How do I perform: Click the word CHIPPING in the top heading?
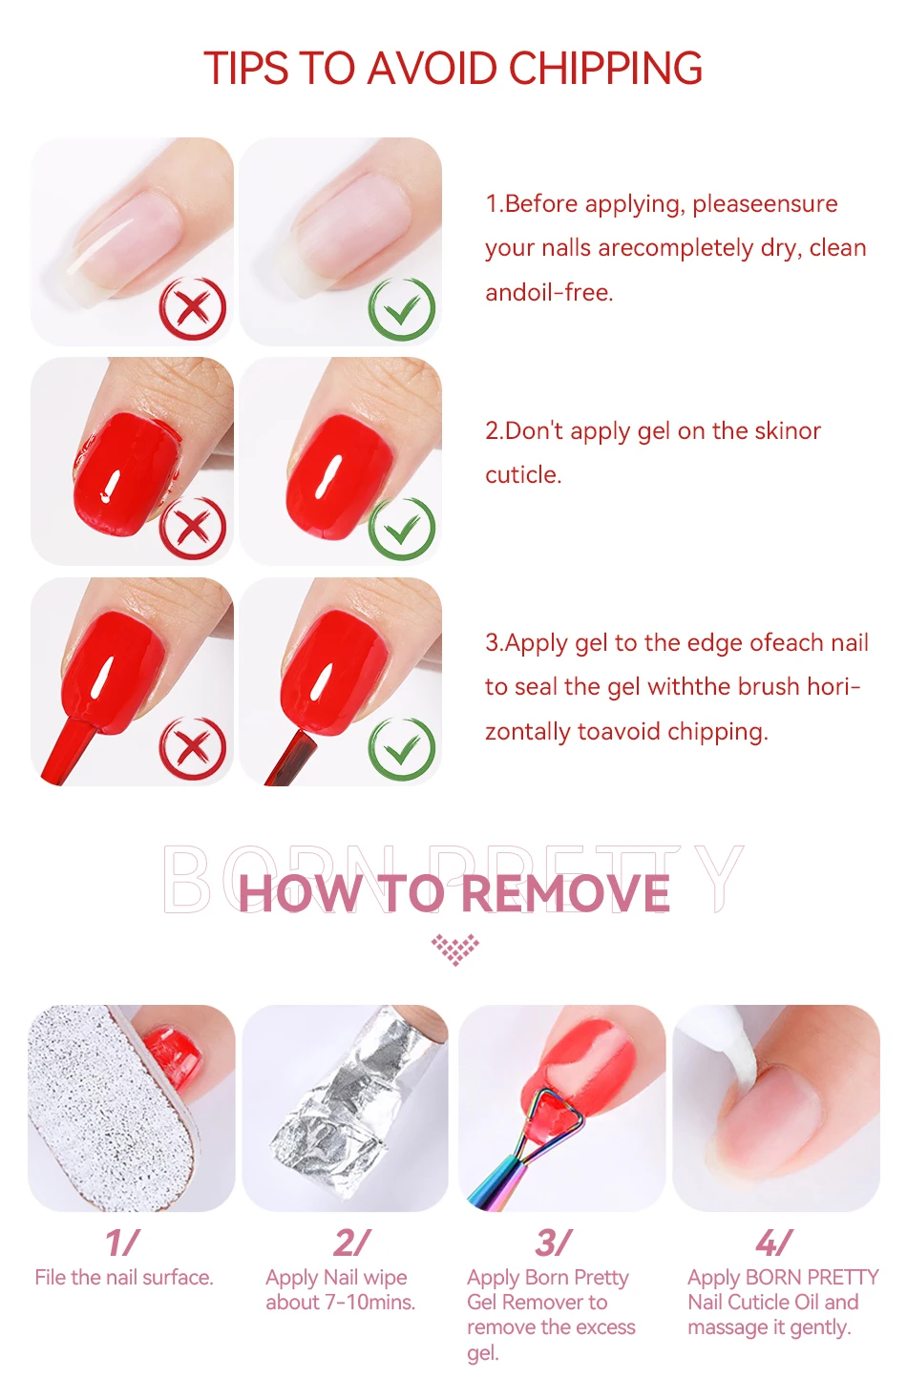tap(605, 68)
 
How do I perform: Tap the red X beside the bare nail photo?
tap(193, 307)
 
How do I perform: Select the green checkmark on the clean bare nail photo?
tap(402, 307)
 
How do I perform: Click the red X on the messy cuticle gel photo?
tap(193, 528)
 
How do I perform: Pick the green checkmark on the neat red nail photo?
tap(402, 528)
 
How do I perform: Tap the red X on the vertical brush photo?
tap(193, 748)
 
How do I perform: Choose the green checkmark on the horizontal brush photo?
tap(402, 748)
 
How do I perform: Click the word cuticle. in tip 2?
tap(523, 475)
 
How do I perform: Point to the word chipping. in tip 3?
tap(718, 732)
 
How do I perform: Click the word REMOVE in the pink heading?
tap(565, 893)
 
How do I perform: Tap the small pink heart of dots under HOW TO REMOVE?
tap(455, 950)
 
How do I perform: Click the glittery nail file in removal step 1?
tap(111, 1107)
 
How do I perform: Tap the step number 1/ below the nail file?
tap(122, 1242)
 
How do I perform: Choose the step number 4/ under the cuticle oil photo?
tap(774, 1242)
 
